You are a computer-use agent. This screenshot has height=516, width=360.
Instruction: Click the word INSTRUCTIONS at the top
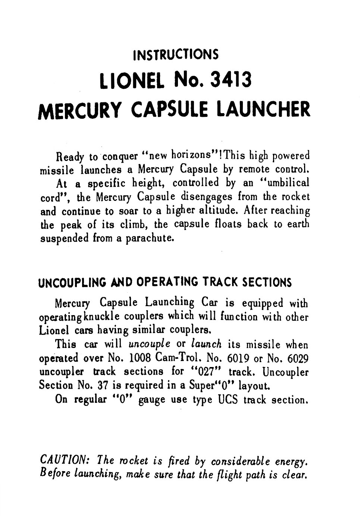[x=175, y=55]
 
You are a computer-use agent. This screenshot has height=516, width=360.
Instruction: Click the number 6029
[x=296, y=358]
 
